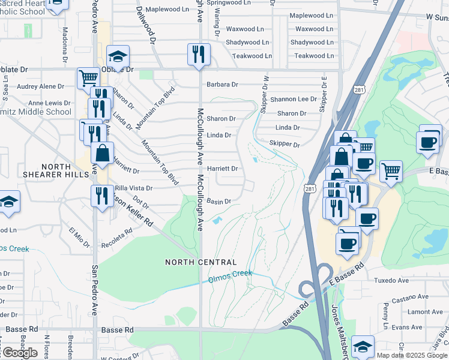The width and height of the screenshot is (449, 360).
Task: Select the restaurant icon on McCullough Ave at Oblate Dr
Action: (x=198, y=55)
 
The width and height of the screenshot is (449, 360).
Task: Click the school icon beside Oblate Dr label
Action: (x=118, y=57)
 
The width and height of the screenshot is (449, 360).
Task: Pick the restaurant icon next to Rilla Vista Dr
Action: (x=101, y=196)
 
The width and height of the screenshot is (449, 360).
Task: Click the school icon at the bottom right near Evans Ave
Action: (x=363, y=347)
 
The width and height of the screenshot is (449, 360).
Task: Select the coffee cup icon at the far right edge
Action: (x=429, y=143)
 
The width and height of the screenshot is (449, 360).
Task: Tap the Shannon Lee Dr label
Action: (x=293, y=99)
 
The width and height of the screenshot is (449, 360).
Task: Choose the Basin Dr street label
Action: (x=219, y=202)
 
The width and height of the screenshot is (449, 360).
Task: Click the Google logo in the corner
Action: (x=19, y=353)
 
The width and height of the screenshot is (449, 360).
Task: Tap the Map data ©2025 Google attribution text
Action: (x=412, y=355)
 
